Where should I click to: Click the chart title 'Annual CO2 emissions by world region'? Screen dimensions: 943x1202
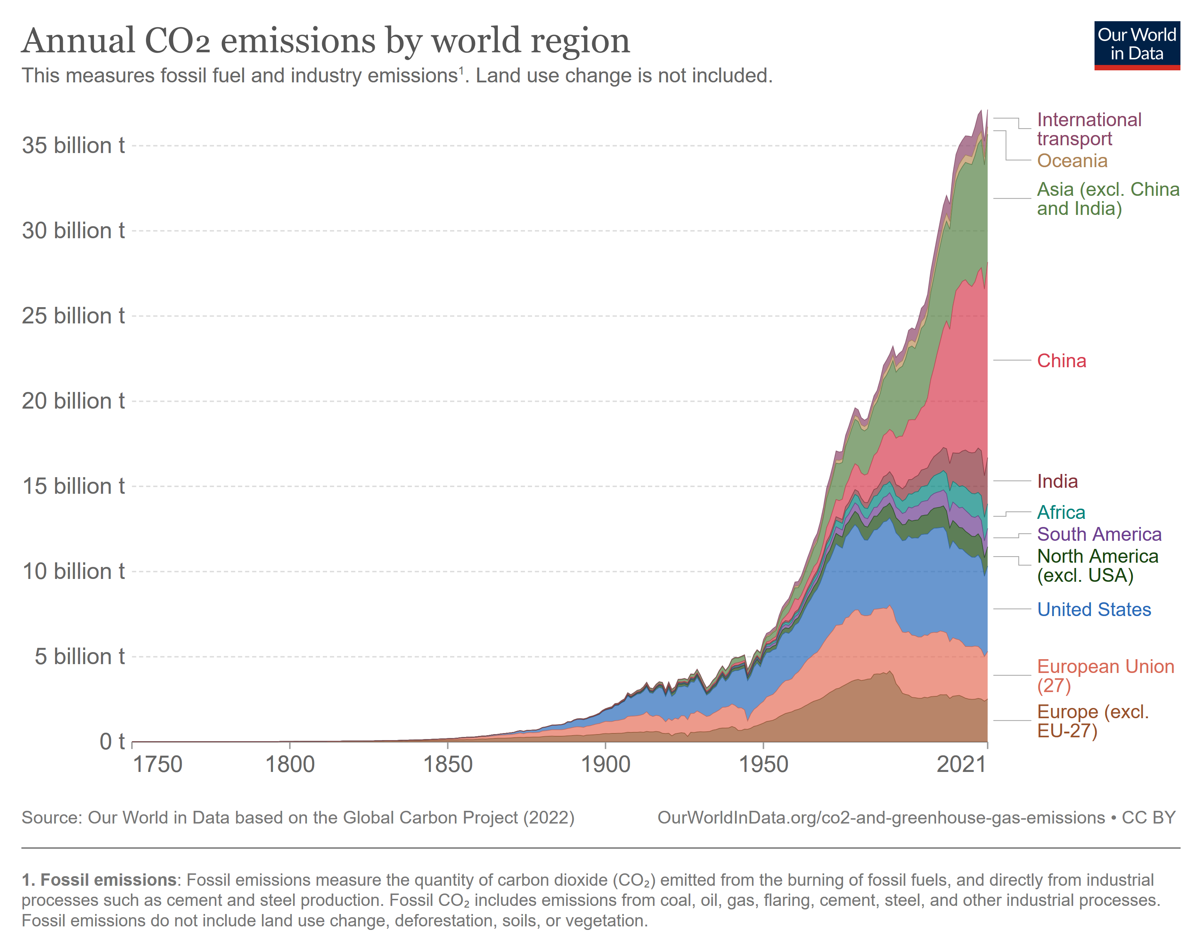point(326,41)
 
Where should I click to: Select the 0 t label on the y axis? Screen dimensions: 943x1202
point(112,742)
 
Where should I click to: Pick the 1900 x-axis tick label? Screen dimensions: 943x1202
point(605,765)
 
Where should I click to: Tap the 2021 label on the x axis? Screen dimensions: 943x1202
point(961,765)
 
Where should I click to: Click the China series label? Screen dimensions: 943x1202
point(1061,361)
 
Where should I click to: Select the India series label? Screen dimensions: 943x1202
point(1057,481)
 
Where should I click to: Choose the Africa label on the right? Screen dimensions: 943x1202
point(1061,512)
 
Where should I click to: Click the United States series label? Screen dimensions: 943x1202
point(1094,610)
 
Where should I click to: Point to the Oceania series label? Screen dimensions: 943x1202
point(1072,161)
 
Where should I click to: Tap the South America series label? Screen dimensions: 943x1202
point(1099,534)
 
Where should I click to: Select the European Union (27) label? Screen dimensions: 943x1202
point(1105,676)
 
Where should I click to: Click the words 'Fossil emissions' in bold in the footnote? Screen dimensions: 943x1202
point(108,880)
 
